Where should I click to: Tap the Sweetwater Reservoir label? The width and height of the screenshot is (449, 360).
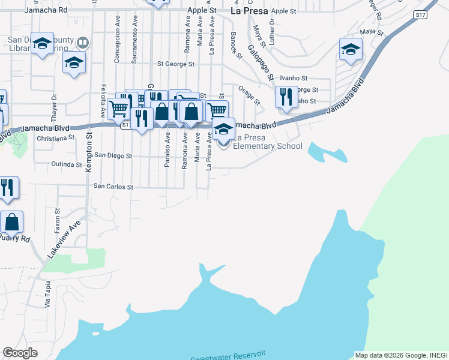tap(228, 356)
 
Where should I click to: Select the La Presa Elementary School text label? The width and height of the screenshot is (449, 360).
tap(267, 142)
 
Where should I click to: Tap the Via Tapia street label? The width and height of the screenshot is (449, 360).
tap(48, 295)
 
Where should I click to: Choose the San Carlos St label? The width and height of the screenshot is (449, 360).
tap(113, 187)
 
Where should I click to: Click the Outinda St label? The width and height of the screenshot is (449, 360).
tap(66, 164)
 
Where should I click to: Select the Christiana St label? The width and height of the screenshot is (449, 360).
tap(55, 137)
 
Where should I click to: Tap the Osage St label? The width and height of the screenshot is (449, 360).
tap(249, 95)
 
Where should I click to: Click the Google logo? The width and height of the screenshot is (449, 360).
tap(20, 353)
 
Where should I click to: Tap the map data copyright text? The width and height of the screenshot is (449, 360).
tap(401, 355)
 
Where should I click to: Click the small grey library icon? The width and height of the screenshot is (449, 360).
tap(83, 42)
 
